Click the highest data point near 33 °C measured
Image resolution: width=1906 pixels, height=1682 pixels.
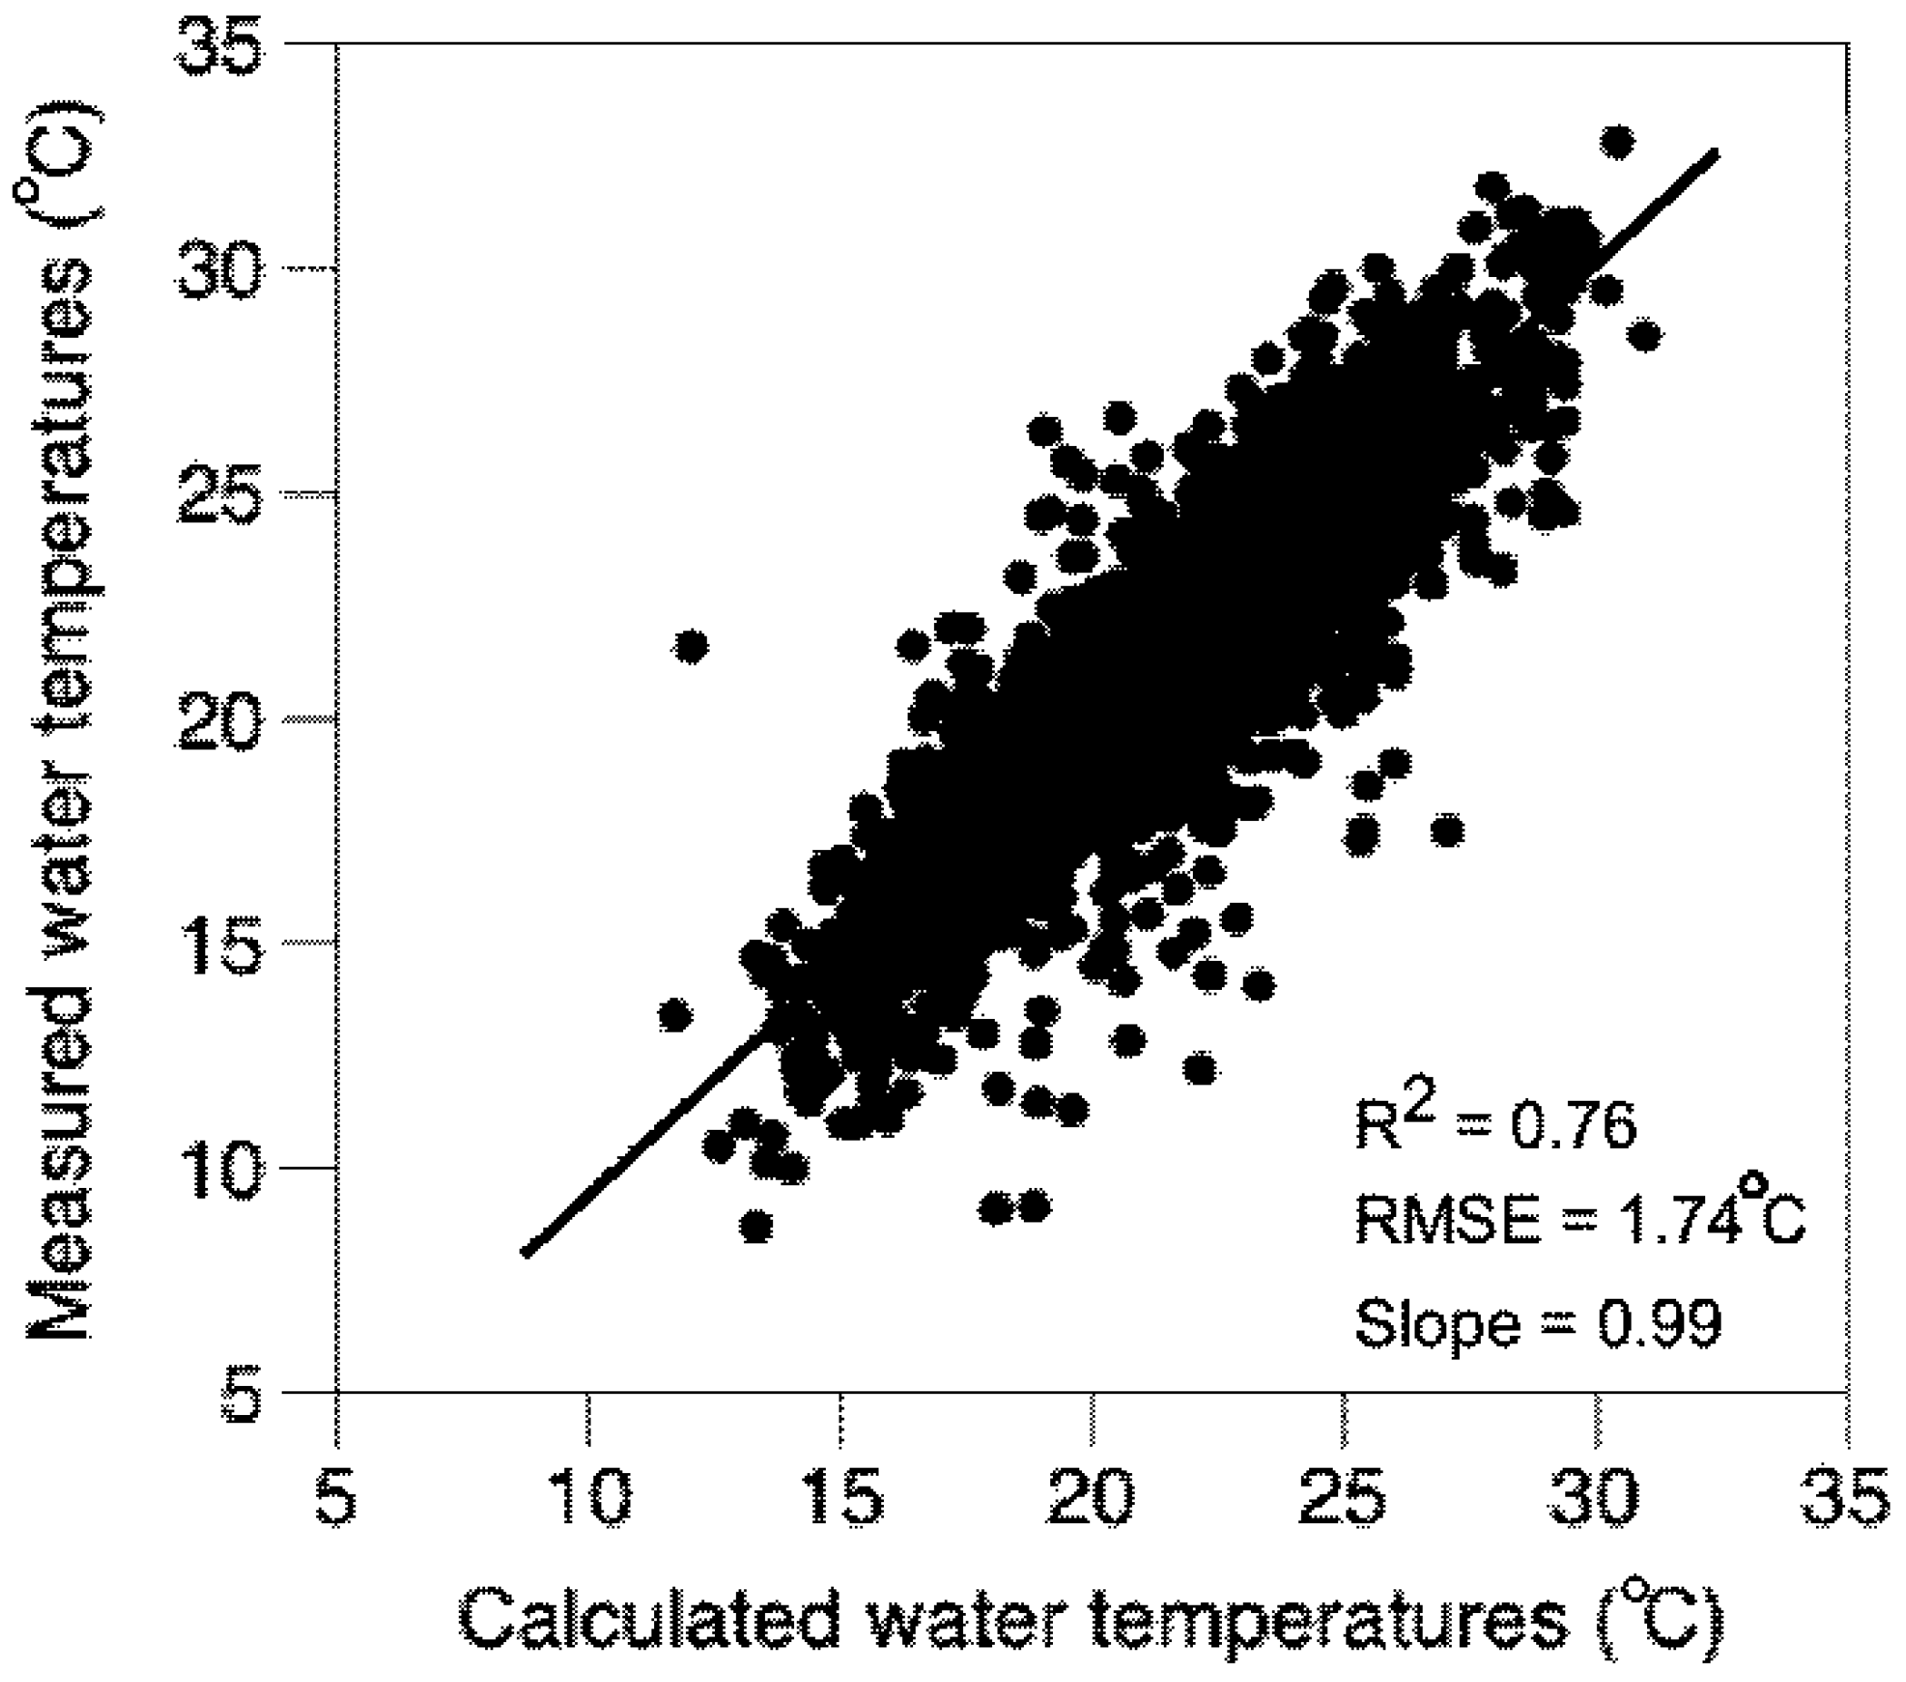(1617, 143)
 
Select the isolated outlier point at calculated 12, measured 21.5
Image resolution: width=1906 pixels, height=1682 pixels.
(691, 645)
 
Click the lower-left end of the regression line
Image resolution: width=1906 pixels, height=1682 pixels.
(527, 1253)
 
